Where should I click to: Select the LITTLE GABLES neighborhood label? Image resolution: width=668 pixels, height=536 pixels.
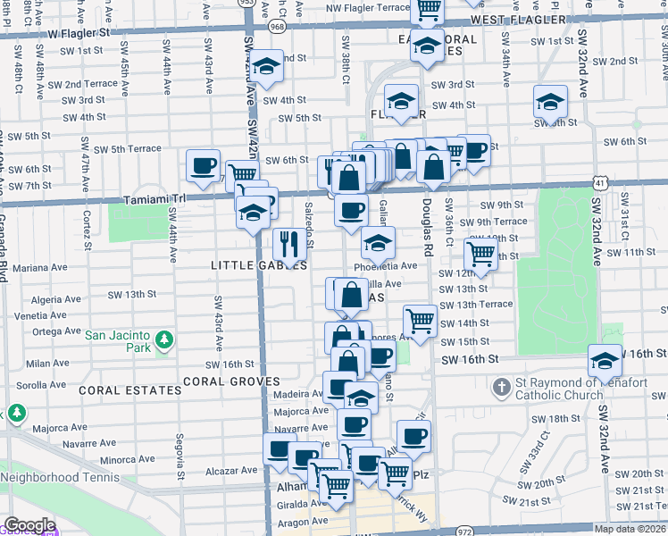[x=259, y=265]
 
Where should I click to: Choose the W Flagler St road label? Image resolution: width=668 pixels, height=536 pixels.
[x=79, y=32]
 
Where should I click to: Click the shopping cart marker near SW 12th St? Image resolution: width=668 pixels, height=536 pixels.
[x=481, y=254]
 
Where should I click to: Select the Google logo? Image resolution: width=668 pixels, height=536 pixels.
[x=29, y=526]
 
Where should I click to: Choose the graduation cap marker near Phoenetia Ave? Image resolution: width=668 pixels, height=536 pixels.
[x=378, y=243]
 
